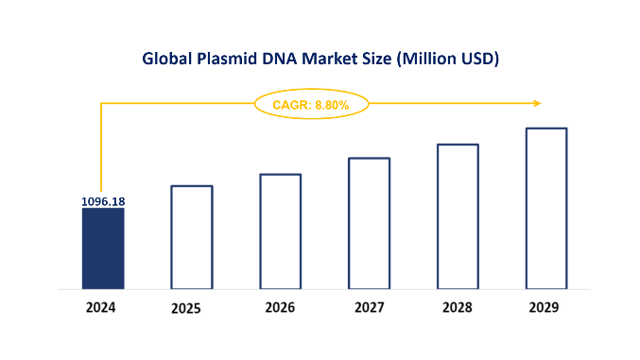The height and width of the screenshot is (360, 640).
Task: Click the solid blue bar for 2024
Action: point(103,248)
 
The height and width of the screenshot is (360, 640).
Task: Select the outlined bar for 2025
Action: point(192,236)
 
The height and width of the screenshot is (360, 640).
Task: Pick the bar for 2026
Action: point(281,231)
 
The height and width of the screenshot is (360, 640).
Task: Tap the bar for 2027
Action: point(369,222)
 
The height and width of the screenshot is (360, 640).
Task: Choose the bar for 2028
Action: point(458,215)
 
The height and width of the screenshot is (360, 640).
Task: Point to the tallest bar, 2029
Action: point(546,208)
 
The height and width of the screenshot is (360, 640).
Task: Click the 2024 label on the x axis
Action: point(102,308)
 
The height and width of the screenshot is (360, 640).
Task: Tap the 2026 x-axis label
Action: point(280,308)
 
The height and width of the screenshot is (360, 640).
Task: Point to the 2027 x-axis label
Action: point(369,308)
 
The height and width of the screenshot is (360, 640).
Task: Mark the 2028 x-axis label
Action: point(458,308)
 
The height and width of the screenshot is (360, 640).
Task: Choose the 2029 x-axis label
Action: point(545,308)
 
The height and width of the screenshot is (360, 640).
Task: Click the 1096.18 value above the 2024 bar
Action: point(102,201)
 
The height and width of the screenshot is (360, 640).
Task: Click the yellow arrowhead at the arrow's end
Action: point(536,103)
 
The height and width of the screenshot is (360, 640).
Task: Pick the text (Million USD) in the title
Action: point(448,59)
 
